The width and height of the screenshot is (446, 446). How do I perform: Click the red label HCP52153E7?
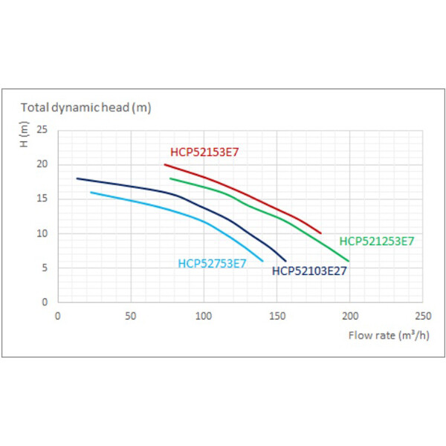(x=204, y=152)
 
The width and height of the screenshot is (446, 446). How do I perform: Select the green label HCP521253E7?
(x=377, y=241)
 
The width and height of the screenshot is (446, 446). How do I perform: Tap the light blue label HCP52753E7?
(x=212, y=263)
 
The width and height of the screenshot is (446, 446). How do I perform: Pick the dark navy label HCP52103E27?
(x=309, y=271)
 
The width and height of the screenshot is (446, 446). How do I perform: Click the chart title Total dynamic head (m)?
(x=86, y=108)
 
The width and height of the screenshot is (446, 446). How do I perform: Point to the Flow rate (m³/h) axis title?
(x=389, y=335)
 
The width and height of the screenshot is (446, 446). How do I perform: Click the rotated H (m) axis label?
(x=25, y=135)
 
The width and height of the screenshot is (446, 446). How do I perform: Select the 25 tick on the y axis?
(x=42, y=129)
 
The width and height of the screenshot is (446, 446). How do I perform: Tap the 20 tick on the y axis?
(x=42, y=164)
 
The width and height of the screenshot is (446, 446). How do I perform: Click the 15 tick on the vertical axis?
(x=42, y=198)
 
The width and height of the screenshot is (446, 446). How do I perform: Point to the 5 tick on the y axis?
(x=45, y=268)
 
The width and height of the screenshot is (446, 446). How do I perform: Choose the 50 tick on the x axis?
(x=131, y=316)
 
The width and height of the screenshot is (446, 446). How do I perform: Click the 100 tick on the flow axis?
(x=204, y=316)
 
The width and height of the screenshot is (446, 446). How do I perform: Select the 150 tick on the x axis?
(x=277, y=316)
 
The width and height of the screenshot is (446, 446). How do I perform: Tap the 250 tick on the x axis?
(x=423, y=316)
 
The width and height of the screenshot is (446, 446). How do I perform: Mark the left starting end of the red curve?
(x=165, y=165)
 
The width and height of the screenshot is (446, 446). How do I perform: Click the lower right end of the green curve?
(x=349, y=261)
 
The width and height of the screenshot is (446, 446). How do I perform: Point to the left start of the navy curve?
(x=77, y=178)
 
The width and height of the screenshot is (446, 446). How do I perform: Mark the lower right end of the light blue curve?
(x=262, y=261)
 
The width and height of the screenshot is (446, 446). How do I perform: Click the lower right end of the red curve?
(x=321, y=233)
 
